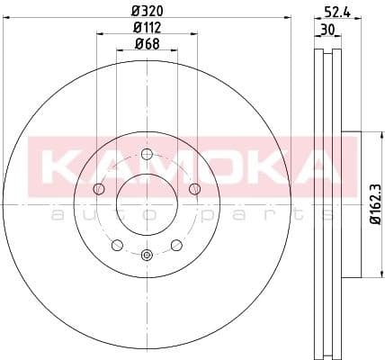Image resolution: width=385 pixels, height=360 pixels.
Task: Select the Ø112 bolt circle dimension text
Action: (x=147, y=28)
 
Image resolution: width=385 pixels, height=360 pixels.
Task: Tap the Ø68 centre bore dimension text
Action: (x=147, y=44)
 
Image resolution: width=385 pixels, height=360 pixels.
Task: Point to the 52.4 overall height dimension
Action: (x=337, y=12)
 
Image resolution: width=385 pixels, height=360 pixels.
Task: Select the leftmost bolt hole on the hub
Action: (x=98, y=187)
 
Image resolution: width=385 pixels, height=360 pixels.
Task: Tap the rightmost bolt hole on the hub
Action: (x=194, y=187)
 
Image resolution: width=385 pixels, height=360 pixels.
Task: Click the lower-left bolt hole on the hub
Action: (x=117, y=244)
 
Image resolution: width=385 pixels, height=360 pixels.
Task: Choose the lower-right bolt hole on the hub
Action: (x=176, y=244)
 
